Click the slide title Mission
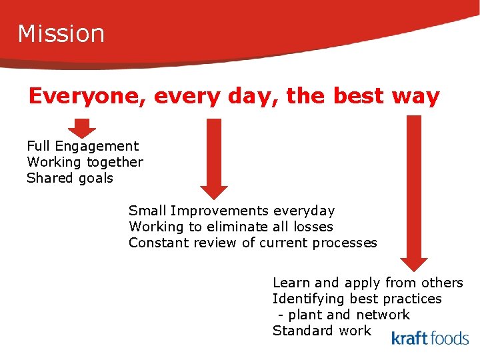(x=61, y=33)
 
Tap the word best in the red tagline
(x=365, y=97)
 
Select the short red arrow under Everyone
(x=82, y=127)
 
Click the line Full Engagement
(x=83, y=146)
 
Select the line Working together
(x=85, y=162)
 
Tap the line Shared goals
(x=70, y=178)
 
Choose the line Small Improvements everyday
(x=231, y=211)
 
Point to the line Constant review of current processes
(x=253, y=243)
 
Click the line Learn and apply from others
(x=367, y=283)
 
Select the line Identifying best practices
(x=357, y=299)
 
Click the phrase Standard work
(x=321, y=331)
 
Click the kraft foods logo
(x=429, y=338)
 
